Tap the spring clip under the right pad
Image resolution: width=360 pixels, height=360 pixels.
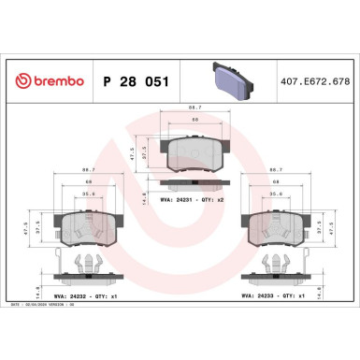point(275,265)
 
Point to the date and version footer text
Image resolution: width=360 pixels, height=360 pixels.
point(47,305)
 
